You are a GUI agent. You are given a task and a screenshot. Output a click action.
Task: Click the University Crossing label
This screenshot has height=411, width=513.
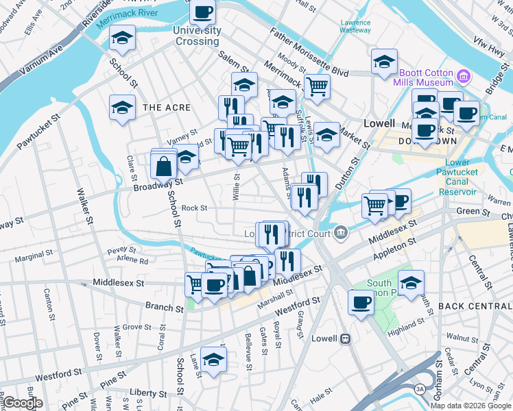point(197,36)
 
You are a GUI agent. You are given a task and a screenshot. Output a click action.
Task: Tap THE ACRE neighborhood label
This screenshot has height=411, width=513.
point(162,108)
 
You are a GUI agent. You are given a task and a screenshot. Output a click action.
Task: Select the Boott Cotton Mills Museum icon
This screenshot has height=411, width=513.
point(464,75)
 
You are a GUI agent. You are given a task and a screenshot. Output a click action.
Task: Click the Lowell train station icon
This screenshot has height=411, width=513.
point(346,338)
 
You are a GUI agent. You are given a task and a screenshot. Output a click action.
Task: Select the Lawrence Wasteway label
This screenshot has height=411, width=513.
point(355,26)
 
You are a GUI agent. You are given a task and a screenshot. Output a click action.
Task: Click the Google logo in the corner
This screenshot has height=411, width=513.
point(22,402)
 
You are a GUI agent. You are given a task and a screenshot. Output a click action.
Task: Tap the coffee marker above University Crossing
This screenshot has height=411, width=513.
point(203,12)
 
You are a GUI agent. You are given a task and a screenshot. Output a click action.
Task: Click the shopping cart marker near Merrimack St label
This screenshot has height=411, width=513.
point(317,86)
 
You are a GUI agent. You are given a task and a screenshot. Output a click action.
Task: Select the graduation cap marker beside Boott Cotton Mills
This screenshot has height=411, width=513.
point(385,61)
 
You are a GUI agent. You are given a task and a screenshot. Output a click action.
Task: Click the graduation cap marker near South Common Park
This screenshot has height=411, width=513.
point(411,282)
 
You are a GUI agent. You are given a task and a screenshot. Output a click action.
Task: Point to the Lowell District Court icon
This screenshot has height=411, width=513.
point(341,234)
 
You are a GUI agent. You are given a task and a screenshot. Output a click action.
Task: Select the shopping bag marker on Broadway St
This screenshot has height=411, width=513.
point(165,166)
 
